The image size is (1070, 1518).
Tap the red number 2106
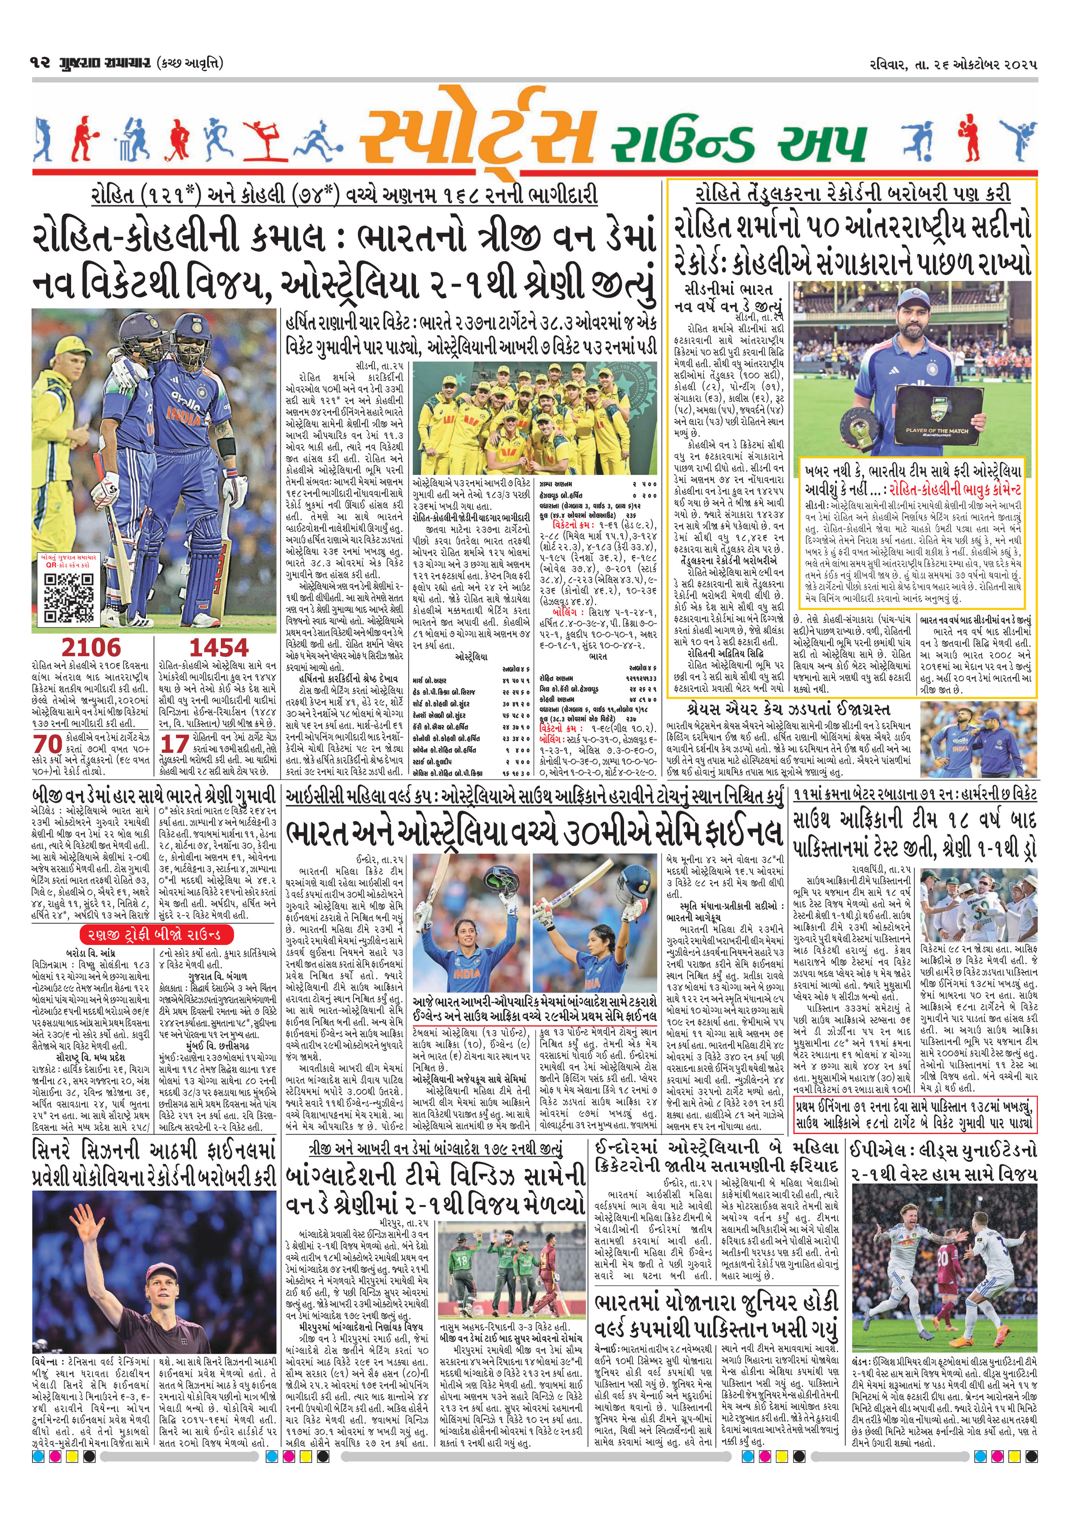point(91,647)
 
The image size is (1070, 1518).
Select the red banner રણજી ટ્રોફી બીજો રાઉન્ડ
point(156,934)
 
